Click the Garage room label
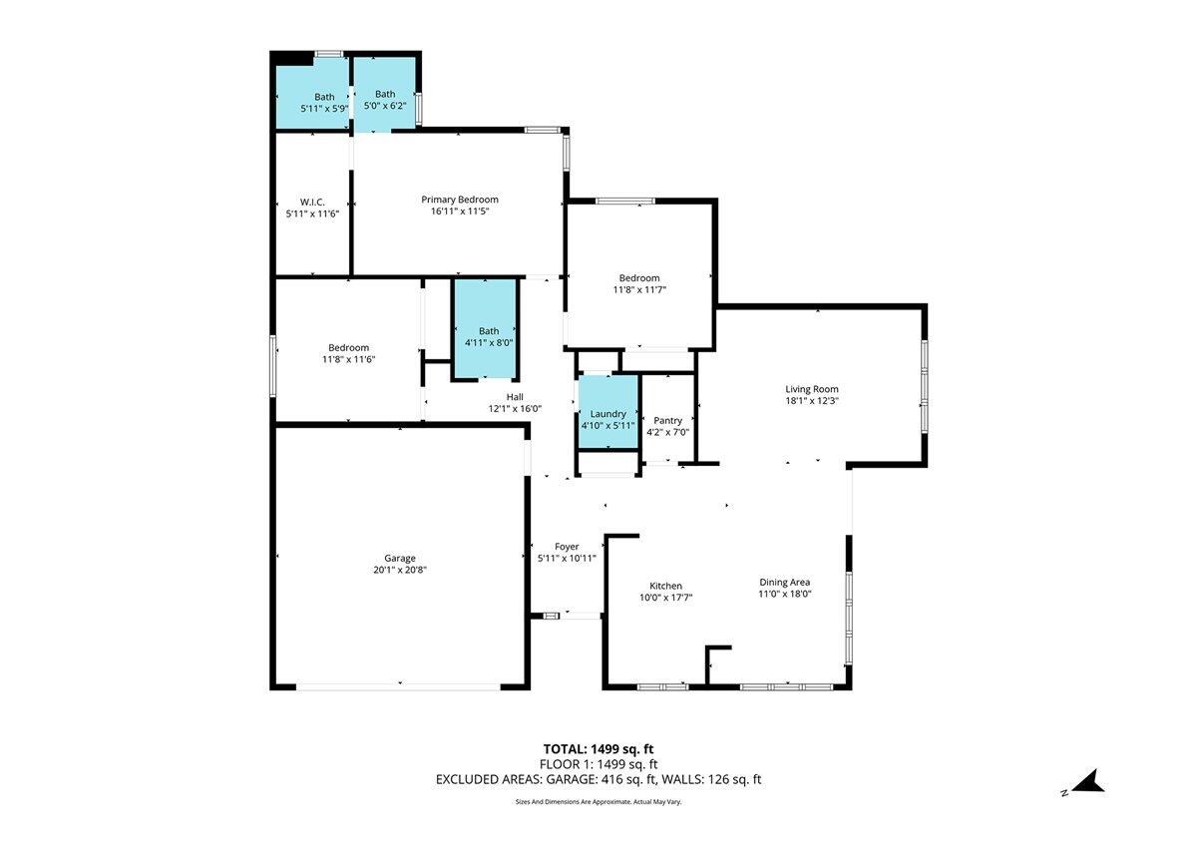400,559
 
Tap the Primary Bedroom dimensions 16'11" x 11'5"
460,212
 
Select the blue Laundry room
608,412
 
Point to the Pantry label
667,421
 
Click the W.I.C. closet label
312,202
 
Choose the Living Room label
812,389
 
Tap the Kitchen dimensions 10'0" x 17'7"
666,598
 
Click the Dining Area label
784,582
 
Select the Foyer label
567,547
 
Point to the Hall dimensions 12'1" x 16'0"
515,409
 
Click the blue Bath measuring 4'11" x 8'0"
485,328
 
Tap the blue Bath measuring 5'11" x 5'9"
312,93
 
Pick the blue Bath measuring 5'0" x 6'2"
385,94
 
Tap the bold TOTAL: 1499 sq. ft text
598,749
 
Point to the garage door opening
398,687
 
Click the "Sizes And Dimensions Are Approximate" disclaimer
598,801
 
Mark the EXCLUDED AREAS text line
598,779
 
